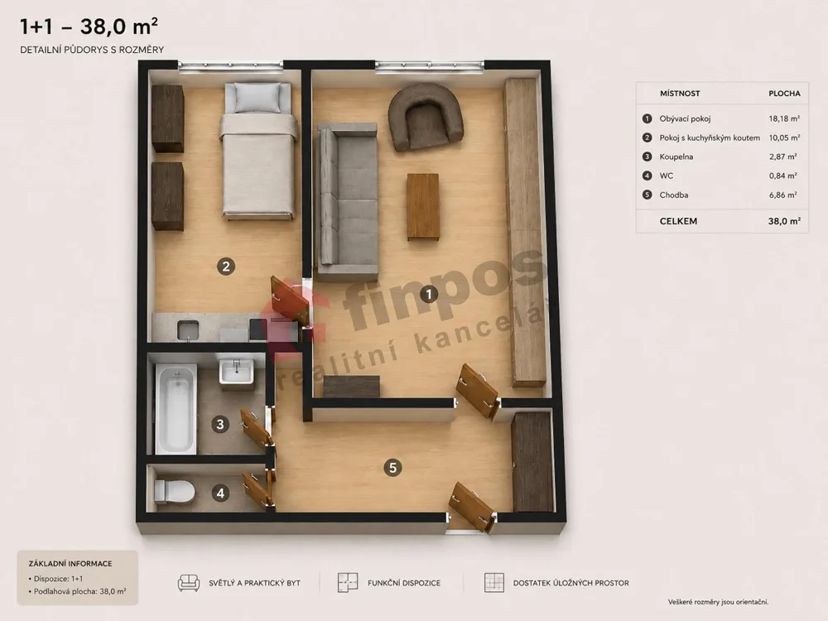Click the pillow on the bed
point(258,98)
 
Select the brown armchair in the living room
point(426,116)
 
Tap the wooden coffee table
point(423,206)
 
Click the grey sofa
point(347,202)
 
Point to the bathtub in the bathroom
point(176,408)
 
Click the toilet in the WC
point(174,491)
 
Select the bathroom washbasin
point(237,372)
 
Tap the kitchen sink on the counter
point(187,330)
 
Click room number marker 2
point(226,267)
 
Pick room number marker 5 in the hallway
point(392,467)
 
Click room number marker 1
point(429,294)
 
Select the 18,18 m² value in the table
point(784,118)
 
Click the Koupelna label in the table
point(676,156)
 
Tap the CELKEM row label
point(678,221)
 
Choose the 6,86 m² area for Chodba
point(783,195)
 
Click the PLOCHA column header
point(784,94)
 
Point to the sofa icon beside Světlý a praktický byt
point(189,582)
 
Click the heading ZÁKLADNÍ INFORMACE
point(70,563)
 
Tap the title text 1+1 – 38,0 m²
point(89,26)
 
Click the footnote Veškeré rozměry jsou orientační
point(718,602)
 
